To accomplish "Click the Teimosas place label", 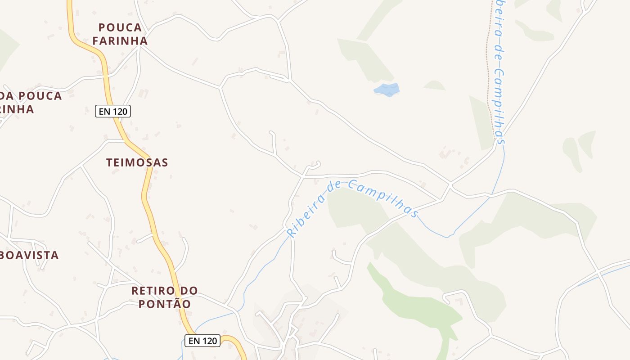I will pyautogui.click(x=137, y=162).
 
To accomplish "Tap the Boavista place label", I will pyautogui.click(x=30, y=255).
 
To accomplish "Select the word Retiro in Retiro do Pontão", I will pyautogui.click(x=151, y=291).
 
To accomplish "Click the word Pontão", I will pyautogui.click(x=164, y=304).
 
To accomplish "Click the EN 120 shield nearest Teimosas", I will pyautogui.click(x=113, y=111).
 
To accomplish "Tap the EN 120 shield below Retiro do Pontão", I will pyautogui.click(x=202, y=341).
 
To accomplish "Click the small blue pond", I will pyautogui.click(x=387, y=90).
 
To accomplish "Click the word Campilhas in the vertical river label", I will pyautogui.click(x=498, y=106).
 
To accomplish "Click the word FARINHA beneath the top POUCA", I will pyautogui.click(x=120, y=41).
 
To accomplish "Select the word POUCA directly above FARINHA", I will pyautogui.click(x=120, y=28).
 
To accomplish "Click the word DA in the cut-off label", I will pyautogui.click(x=6, y=96).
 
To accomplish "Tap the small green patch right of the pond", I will pyautogui.click(x=435, y=85).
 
